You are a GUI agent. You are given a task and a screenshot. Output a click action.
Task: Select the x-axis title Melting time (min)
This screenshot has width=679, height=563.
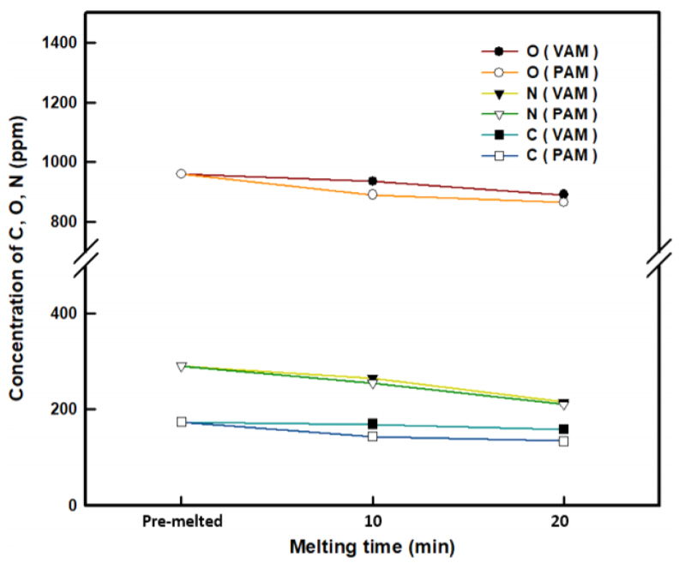(371, 546)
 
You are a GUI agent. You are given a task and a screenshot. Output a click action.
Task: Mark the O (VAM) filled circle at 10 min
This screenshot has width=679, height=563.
(373, 181)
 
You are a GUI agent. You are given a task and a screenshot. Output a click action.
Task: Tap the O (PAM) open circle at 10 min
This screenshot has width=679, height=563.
(373, 195)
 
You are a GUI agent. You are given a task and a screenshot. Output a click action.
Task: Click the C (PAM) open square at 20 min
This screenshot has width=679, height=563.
(563, 440)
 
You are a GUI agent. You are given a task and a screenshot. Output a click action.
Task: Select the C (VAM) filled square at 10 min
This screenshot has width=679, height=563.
(373, 423)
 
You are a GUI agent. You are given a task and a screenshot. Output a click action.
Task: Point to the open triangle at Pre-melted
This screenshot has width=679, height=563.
(181, 367)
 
